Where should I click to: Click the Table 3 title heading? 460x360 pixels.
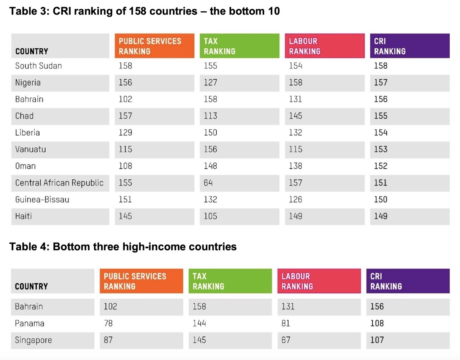click(144, 11)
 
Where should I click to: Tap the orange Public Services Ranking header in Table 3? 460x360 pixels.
click(154, 46)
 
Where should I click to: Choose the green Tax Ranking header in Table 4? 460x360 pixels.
click(230, 281)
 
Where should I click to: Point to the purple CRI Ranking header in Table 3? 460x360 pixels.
click(409, 46)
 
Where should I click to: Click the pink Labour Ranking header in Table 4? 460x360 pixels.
click(319, 281)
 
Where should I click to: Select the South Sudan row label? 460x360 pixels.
click(38, 66)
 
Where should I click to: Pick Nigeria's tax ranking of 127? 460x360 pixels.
click(210, 82)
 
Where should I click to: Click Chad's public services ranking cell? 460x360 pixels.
click(125, 116)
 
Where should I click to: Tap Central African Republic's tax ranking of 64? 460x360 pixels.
click(208, 183)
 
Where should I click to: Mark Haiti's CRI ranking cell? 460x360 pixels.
click(381, 216)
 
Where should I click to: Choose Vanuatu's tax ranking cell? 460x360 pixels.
click(210, 149)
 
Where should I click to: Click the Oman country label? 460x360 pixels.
click(25, 166)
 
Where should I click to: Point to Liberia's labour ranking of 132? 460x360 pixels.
click(295, 133)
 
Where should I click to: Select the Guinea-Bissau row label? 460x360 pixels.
click(42, 200)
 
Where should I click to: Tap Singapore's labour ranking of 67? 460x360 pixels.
click(286, 340)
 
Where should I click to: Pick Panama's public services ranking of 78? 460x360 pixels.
click(108, 324)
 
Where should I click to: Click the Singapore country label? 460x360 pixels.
click(33, 340)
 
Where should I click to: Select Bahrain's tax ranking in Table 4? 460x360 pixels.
click(199, 307)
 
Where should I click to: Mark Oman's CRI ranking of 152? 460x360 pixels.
click(381, 166)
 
